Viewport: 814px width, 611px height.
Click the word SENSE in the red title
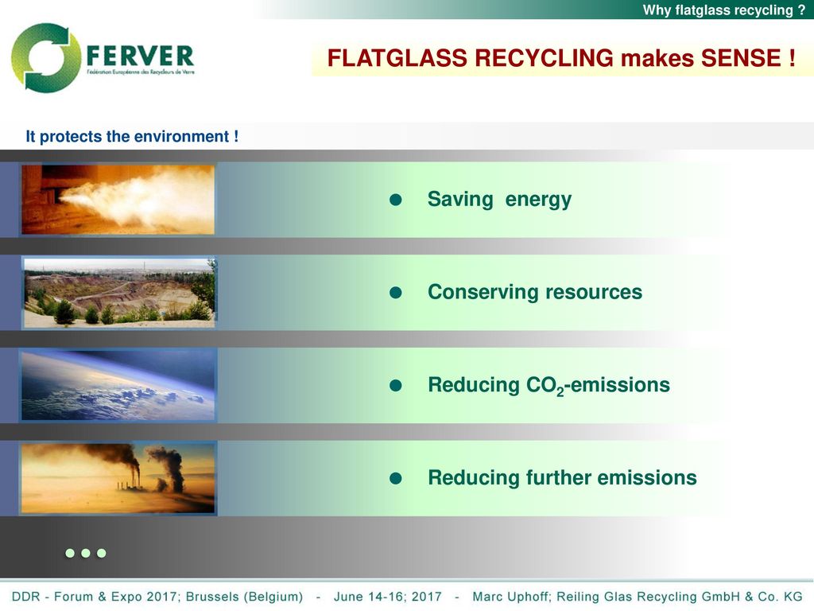click(741, 57)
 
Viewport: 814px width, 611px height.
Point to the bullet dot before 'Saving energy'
click(396, 200)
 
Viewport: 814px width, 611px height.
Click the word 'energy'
click(538, 200)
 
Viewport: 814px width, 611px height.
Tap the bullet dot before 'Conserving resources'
click(396, 293)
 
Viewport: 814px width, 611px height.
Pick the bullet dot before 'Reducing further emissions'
click(396, 478)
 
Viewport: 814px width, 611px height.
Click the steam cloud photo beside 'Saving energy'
click(118, 200)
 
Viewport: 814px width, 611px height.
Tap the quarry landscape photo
click(119, 293)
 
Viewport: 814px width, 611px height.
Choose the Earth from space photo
click(118, 384)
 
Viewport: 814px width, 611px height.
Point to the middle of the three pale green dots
click(86, 553)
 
